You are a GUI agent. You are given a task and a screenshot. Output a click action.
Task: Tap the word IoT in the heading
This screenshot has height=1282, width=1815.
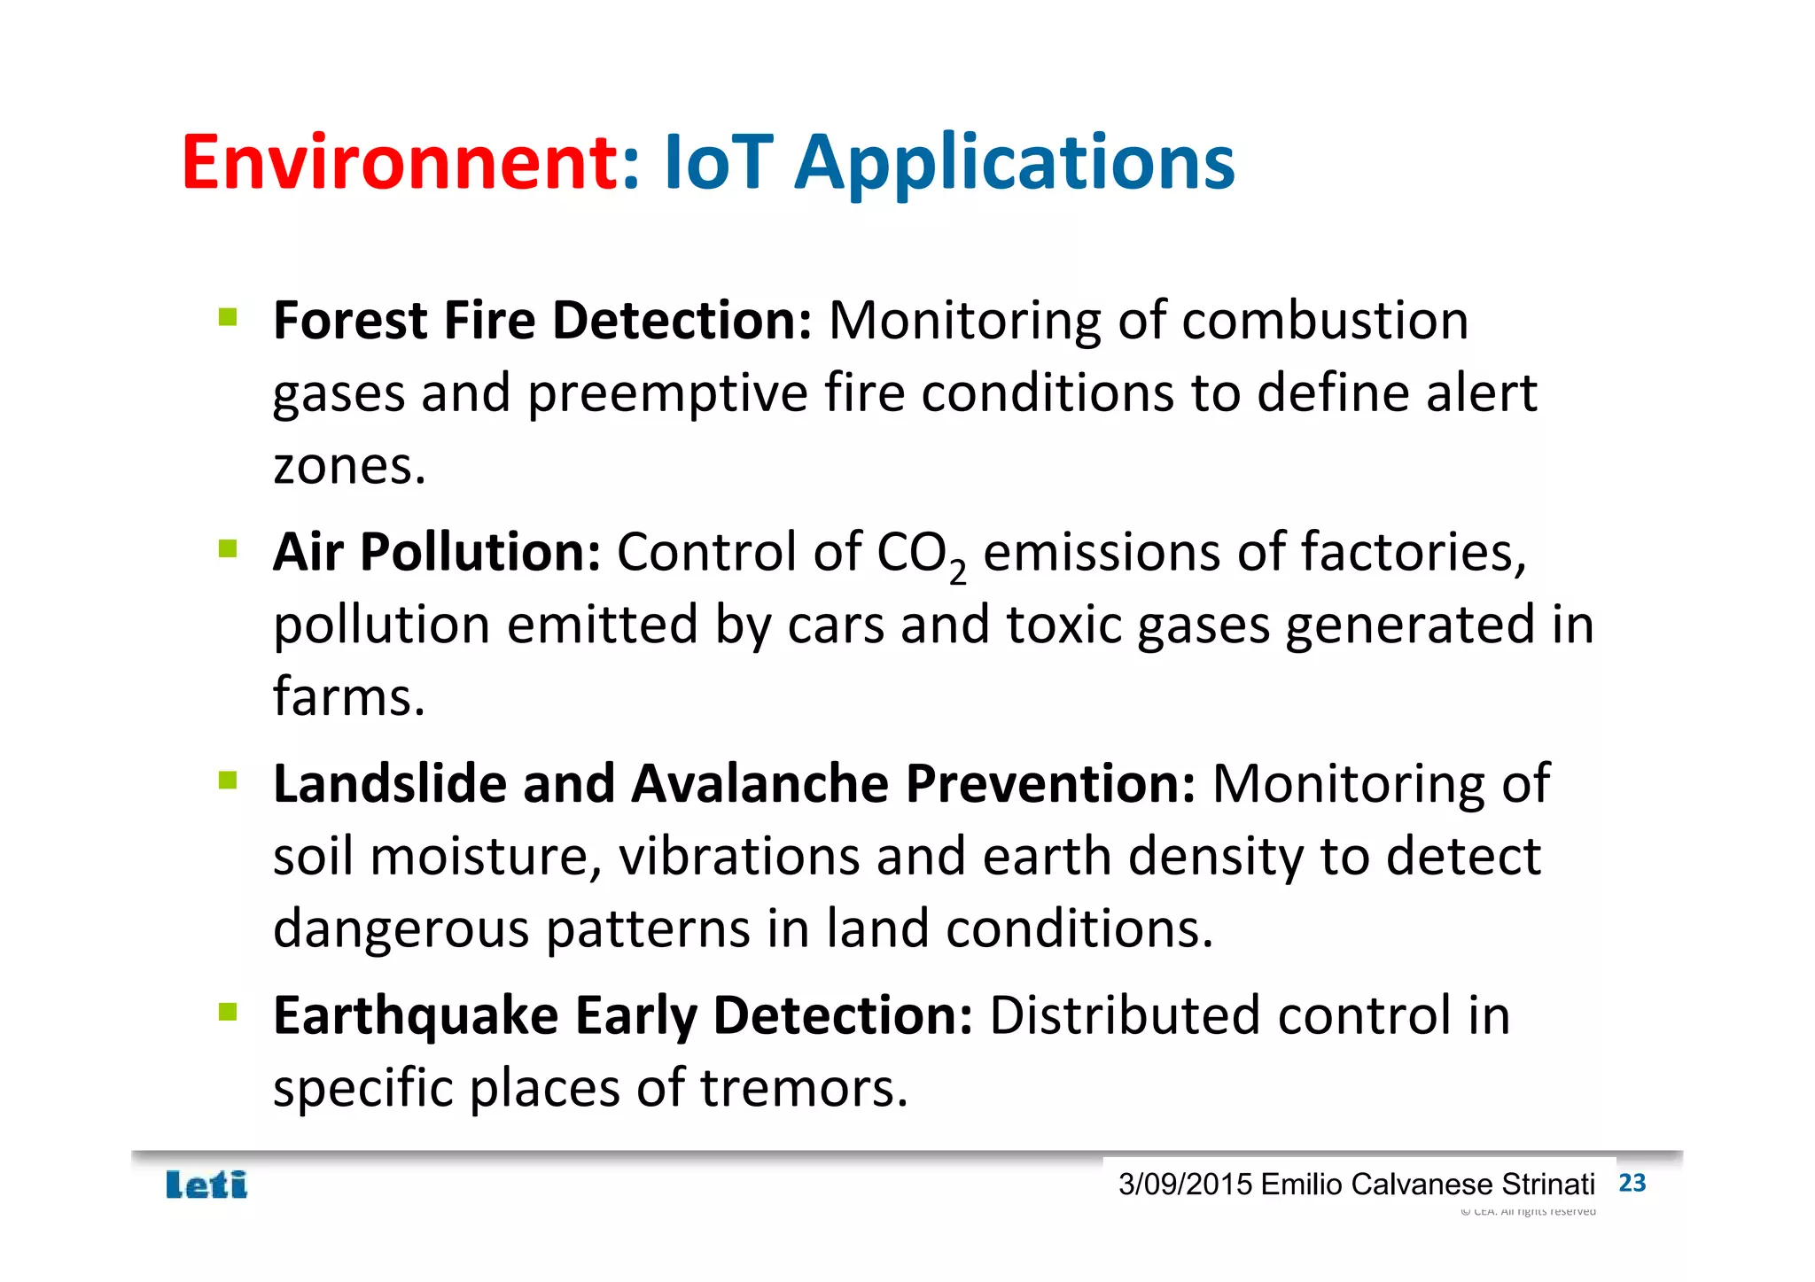click(x=718, y=162)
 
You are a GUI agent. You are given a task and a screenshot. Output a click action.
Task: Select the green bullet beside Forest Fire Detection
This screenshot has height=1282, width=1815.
click(x=228, y=317)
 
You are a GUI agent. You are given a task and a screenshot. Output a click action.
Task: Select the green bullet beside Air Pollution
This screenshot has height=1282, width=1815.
click(x=228, y=549)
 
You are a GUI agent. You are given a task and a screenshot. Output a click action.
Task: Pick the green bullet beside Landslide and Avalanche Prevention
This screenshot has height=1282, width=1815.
click(x=228, y=781)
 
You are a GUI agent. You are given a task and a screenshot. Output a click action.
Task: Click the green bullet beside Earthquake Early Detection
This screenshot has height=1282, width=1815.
click(x=228, y=1012)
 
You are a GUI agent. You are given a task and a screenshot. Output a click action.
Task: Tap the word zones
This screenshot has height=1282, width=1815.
click(x=348, y=466)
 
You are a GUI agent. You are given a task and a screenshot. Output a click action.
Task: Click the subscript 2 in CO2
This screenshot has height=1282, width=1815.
click(x=957, y=572)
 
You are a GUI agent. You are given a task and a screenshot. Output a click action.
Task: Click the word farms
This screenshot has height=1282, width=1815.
click(x=348, y=696)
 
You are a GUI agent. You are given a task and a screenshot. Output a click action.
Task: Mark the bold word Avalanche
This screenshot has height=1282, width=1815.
click(x=759, y=784)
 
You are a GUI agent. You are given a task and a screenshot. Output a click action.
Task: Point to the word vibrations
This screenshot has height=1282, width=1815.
click(x=739, y=857)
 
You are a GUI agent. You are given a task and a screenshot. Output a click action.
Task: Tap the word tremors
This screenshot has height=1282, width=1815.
click(x=803, y=1088)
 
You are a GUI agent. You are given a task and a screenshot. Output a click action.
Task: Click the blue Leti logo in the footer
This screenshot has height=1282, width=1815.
click(x=206, y=1185)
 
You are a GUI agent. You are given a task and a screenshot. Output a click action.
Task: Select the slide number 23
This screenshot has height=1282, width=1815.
click(x=1632, y=1183)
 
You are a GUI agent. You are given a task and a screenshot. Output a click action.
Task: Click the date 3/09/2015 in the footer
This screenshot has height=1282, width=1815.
click(x=1185, y=1185)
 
